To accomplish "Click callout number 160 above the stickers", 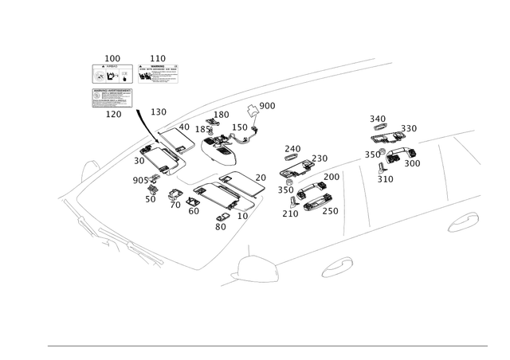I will click(112, 58).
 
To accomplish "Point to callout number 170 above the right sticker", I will click(158, 58).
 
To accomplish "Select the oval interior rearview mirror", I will click(220, 147).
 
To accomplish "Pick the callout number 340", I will click(378, 119).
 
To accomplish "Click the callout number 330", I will click(409, 127).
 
